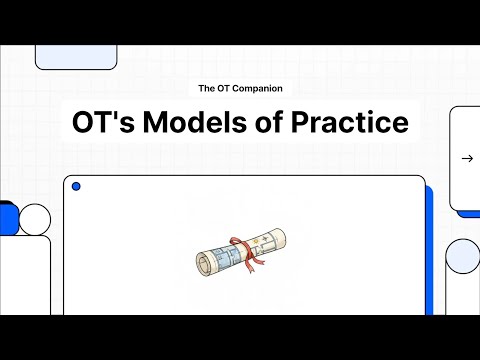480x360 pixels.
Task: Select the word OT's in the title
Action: click(x=104, y=122)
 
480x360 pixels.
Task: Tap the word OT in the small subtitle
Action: click(x=227, y=89)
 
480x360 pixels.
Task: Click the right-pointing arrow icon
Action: click(x=466, y=158)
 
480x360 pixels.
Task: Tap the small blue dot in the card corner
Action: click(x=77, y=187)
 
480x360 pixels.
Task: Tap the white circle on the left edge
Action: click(x=35, y=219)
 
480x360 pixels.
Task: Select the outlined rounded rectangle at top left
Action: click(x=76, y=57)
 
